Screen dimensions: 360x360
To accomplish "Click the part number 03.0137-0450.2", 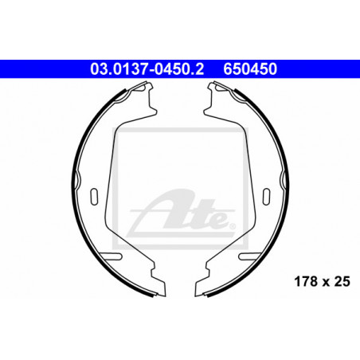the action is click(x=147, y=68).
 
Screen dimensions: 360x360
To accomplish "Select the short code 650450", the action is click(x=250, y=68).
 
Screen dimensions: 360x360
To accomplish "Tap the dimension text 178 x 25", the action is click(x=322, y=281).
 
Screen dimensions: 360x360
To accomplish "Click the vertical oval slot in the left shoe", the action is click(x=94, y=197).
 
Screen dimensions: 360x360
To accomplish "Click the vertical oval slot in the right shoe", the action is click(x=266, y=197).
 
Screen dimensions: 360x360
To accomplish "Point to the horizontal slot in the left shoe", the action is click(x=112, y=256).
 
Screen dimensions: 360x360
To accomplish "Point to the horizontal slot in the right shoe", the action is click(x=249, y=256).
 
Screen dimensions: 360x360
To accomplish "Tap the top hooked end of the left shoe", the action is click(x=145, y=86).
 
